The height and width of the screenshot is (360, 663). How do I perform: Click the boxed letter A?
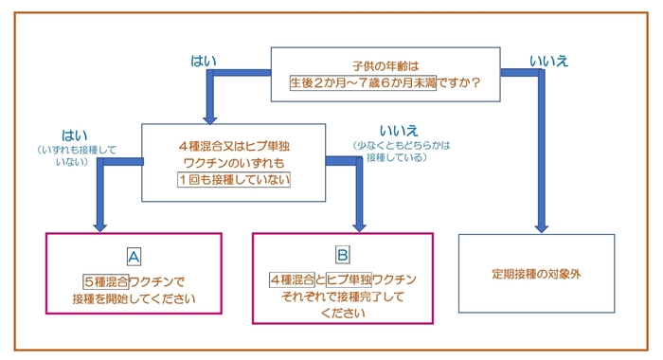tap(134, 256)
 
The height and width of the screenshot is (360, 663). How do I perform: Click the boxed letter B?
tap(342, 256)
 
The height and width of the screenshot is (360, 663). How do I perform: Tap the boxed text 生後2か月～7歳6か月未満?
tap(364, 82)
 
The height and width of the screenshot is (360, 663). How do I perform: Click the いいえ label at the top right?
tap(548, 61)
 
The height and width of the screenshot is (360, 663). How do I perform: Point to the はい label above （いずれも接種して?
tap(74, 135)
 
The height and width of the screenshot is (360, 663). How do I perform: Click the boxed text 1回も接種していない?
tap(233, 179)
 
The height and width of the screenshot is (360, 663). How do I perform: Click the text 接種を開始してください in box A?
tap(134, 299)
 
